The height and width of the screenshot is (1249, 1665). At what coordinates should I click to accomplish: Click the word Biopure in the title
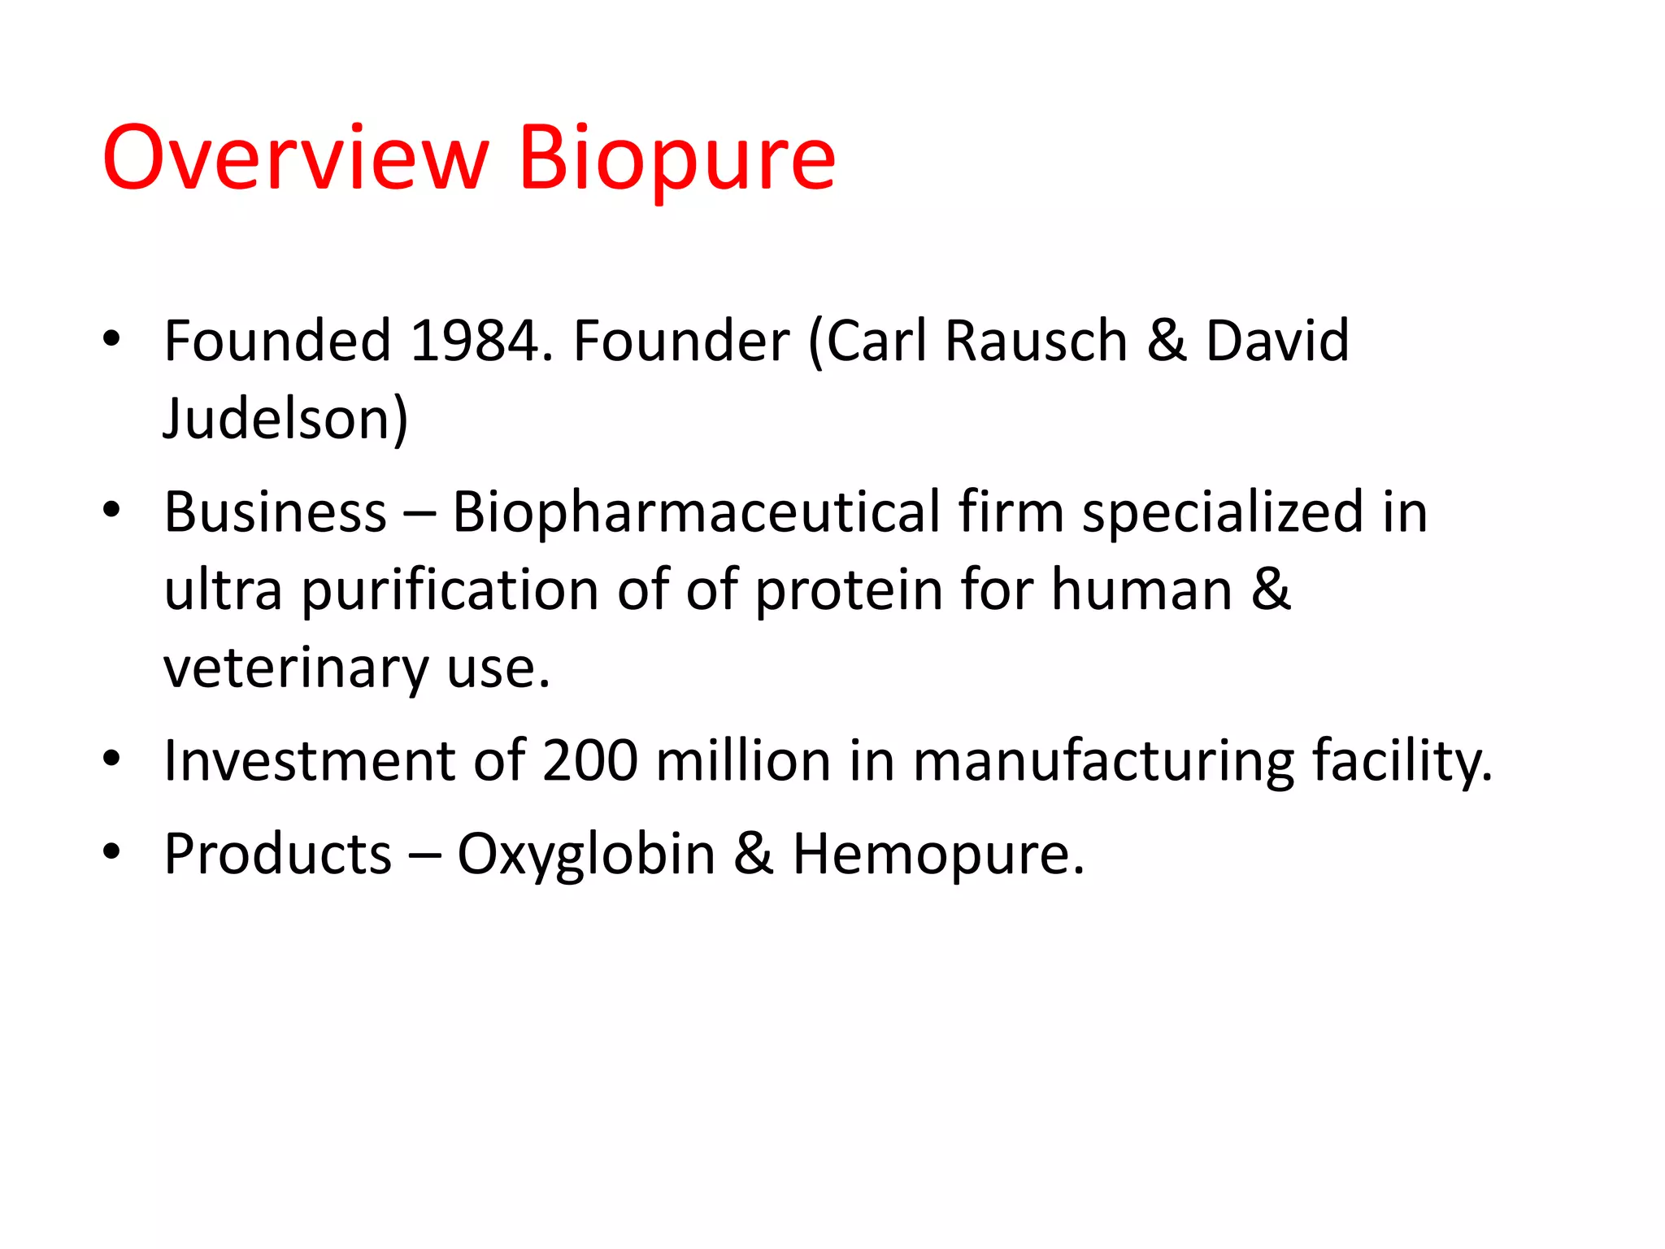click(x=676, y=159)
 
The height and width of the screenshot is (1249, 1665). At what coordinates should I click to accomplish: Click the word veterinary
click(x=295, y=669)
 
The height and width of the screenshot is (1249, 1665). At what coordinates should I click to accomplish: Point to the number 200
click(x=590, y=761)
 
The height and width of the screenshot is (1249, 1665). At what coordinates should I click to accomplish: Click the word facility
click(x=1402, y=761)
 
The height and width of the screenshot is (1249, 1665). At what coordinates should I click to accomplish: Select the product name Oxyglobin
click(x=586, y=855)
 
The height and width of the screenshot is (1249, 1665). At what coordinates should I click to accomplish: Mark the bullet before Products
click(x=111, y=852)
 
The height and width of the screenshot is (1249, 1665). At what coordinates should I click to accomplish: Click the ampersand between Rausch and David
click(x=1166, y=341)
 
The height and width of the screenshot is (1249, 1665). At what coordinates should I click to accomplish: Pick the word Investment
click(x=309, y=761)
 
